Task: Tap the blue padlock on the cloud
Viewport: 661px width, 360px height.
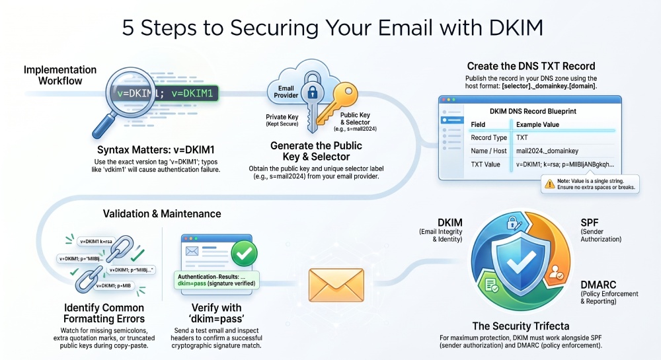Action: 312,91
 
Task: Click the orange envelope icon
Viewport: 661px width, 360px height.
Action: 336,285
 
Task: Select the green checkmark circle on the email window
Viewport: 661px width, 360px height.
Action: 244,254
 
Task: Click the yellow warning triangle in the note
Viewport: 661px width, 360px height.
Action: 549,184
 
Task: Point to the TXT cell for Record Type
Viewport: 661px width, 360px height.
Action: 522,137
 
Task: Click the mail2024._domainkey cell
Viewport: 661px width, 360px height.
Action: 547,151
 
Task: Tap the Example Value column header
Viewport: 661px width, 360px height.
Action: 537,125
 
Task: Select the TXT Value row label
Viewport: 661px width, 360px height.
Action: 485,164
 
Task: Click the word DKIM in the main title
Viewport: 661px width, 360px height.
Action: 516,28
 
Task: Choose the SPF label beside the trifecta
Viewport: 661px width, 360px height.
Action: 590,223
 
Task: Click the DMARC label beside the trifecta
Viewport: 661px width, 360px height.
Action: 598,285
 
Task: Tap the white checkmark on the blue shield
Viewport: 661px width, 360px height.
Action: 521,264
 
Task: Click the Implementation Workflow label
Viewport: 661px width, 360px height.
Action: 60,75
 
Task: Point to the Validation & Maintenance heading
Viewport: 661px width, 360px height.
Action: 162,213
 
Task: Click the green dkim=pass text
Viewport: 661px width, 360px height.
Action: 192,283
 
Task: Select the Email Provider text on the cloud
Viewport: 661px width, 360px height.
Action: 286,92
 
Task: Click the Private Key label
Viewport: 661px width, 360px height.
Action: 282,117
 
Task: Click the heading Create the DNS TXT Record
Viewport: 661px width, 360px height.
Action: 531,66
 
